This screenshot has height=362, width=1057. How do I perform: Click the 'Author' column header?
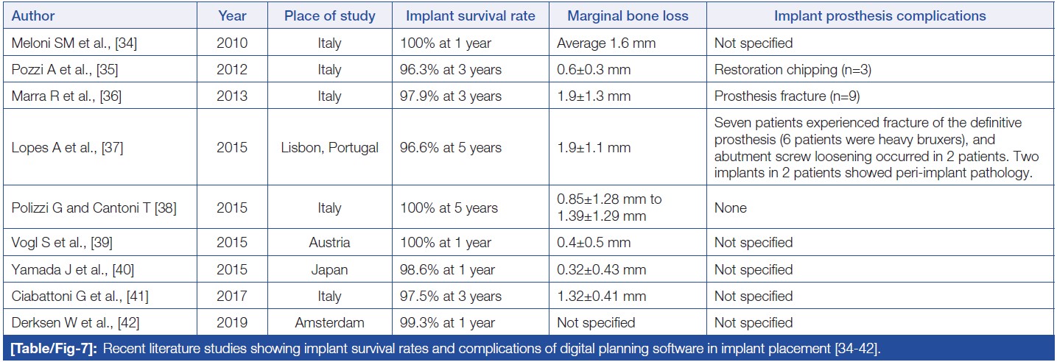coord(33,15)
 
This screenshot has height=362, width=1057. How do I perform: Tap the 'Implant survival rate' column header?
coord(470,15)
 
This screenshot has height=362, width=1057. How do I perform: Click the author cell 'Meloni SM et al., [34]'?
coord(74,43)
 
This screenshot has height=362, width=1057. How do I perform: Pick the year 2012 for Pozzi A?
coord(232,70)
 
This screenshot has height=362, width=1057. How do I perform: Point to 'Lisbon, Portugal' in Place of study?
coord(329,148)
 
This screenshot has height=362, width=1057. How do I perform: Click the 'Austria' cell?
coord(329,243)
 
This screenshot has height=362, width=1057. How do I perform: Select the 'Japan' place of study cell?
coord(329,269)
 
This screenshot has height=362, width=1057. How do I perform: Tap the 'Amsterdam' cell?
coord(329,322)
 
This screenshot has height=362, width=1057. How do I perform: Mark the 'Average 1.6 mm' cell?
coord(606,43)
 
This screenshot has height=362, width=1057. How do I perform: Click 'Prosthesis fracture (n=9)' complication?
coord(787,96)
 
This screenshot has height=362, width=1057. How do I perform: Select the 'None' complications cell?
coord(730,208)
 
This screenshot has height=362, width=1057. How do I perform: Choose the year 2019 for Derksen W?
coord(232,322)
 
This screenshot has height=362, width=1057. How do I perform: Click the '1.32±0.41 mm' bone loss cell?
coord(602,296)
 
